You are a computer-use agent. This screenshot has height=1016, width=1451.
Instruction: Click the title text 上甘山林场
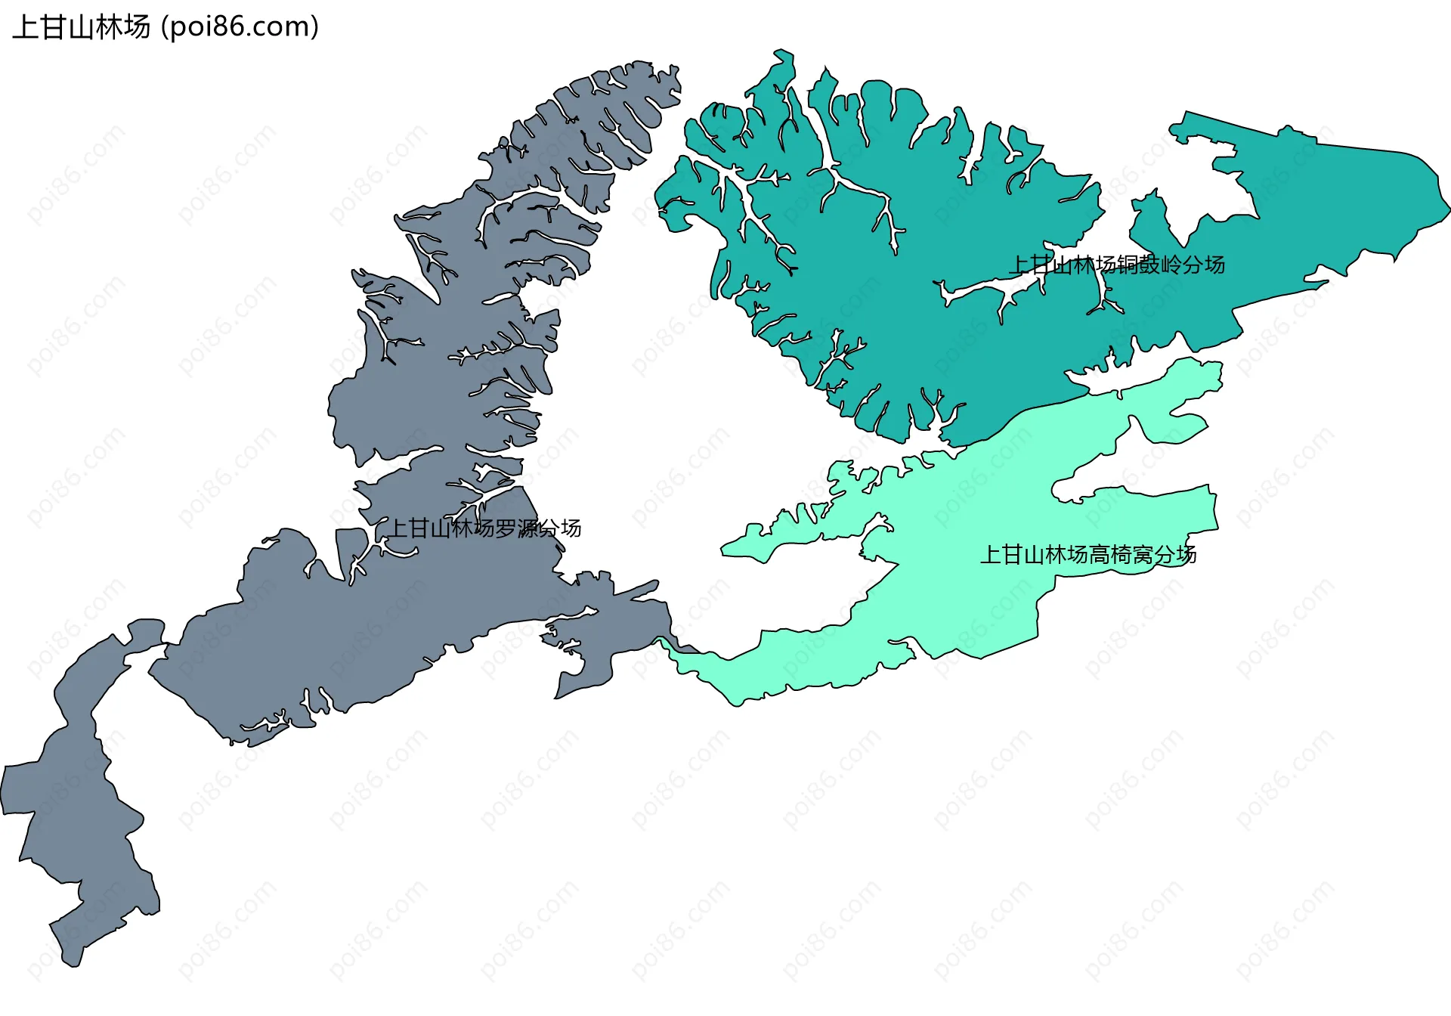pyautogui.click(x=82, y=27)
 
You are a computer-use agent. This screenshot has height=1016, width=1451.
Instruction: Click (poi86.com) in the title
pyautogui.click(x=240, y=27)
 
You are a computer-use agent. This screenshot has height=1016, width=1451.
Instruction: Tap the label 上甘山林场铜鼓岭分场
pyautogui.click(x=1117, y=265)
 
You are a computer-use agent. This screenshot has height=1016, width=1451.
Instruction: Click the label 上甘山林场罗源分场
pyautogui.click(x=484, y=528)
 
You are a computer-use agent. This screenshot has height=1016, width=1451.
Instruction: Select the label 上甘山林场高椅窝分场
pyautogui.click(x=1088, y=555)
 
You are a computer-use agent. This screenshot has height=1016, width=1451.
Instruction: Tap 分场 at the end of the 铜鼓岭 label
pyautogui.click(x=1204, y=265)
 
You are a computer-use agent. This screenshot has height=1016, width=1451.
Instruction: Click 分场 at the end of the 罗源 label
pyautogui.click(x=560, y=528)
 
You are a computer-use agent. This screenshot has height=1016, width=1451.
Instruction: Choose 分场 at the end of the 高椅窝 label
pyautogui.click(x=1175, y=555)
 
